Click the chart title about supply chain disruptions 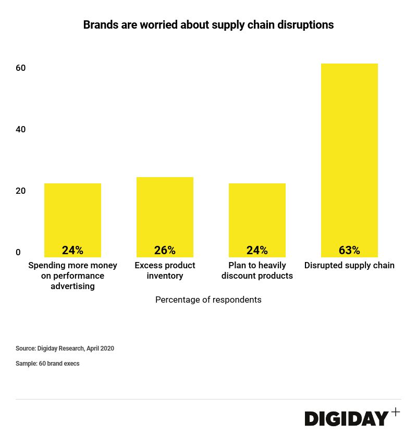tap(208, 25)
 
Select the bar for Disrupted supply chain tap(349, 156)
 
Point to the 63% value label tap(349, 251)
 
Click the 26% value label tap(165, 251)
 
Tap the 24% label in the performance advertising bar tap(72, 251)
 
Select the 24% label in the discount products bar tap(257, 251)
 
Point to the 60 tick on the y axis tap(21, 68)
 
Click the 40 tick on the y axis tap(21, 130)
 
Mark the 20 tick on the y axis tap(21, 191)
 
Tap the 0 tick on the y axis tap(18, 253)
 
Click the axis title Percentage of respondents tap(208, 300)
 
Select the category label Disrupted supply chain tap(349, 266)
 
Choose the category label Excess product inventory tap(165, 270)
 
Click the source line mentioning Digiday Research tap(65, 348)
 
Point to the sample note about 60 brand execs tap(47, 364)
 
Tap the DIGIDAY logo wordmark tap(347, 418)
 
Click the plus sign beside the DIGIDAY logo tap(396, 412)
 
